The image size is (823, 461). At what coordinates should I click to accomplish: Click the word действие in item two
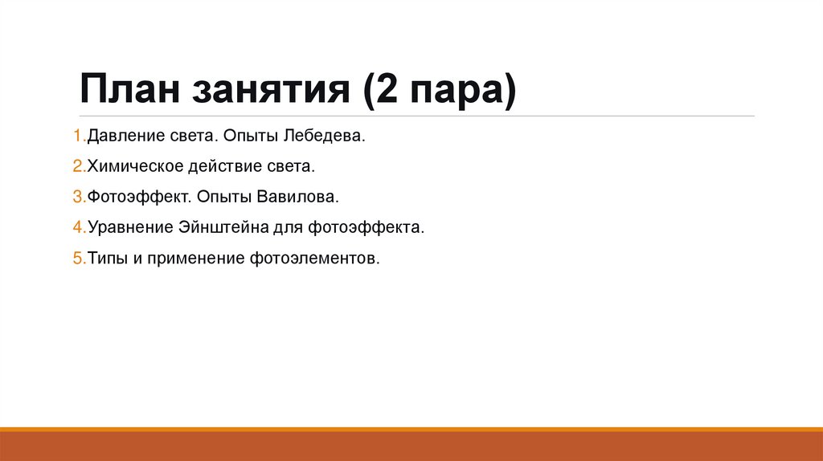click(219, 167)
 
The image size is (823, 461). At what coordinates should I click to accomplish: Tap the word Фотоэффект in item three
click(129, 198)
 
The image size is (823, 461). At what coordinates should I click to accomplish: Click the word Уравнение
click(129, 228)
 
